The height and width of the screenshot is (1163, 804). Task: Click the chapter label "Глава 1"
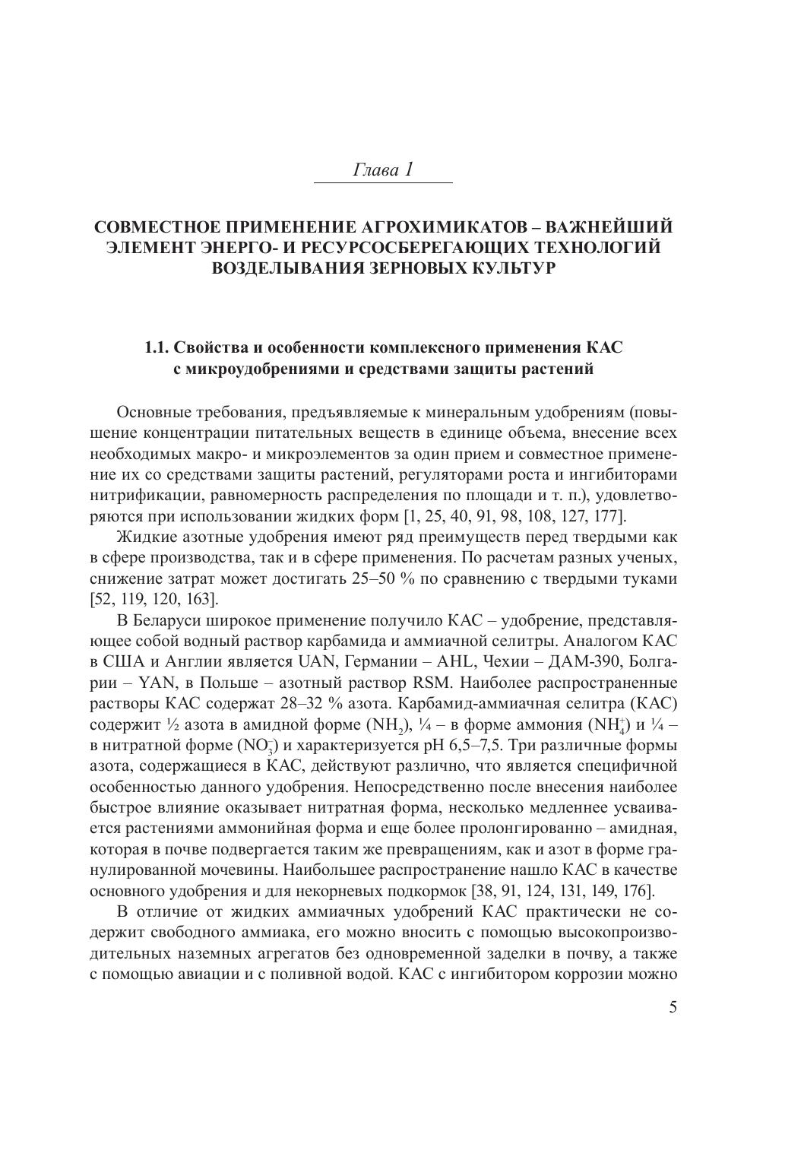tap(383, 170)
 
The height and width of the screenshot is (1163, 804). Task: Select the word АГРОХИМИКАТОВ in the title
tap(442, 227)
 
